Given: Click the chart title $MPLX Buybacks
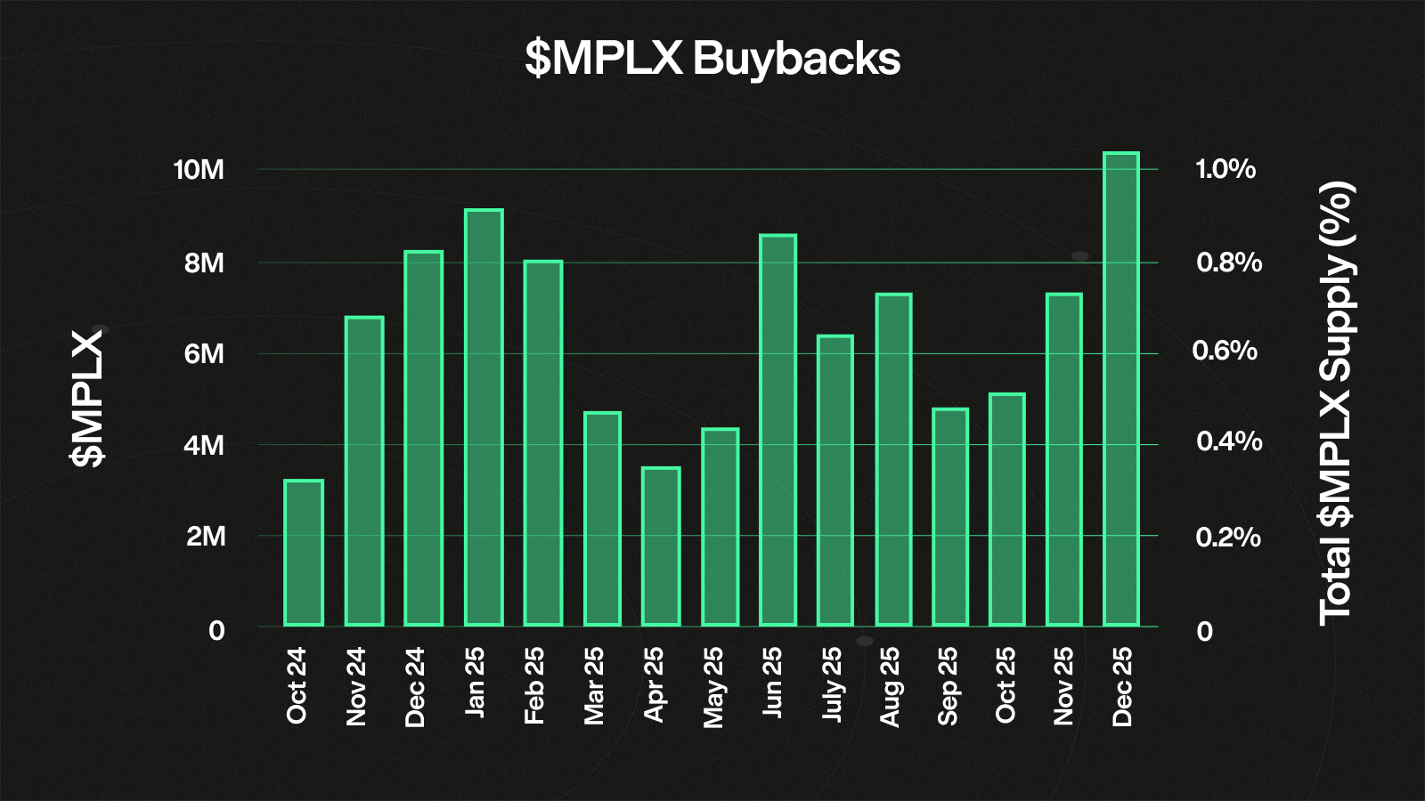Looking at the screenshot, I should point(712,59).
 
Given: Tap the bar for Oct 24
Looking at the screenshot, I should point(304,553).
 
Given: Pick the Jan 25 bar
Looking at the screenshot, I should point(484,417).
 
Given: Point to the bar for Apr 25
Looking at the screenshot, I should point(661,546).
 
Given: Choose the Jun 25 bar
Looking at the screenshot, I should point(778,430).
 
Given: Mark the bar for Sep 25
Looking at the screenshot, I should point(950,517).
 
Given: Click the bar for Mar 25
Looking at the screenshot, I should point(602,519).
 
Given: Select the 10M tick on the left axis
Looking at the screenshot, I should point(199,170).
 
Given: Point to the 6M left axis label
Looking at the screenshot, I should point(204,354).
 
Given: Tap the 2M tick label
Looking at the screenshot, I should point(205,537).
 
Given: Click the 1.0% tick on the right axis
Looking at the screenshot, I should point(1225,169).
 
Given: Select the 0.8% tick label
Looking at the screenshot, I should point(1229,263).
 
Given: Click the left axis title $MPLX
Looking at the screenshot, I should point(87,398).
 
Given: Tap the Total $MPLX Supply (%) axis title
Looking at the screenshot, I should point(1336,402).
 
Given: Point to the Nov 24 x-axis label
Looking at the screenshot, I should point(356,686).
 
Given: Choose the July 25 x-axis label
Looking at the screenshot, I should point(832,684).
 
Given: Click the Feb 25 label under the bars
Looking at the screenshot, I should point(534,685).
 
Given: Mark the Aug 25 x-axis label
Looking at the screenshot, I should point(891,686).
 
